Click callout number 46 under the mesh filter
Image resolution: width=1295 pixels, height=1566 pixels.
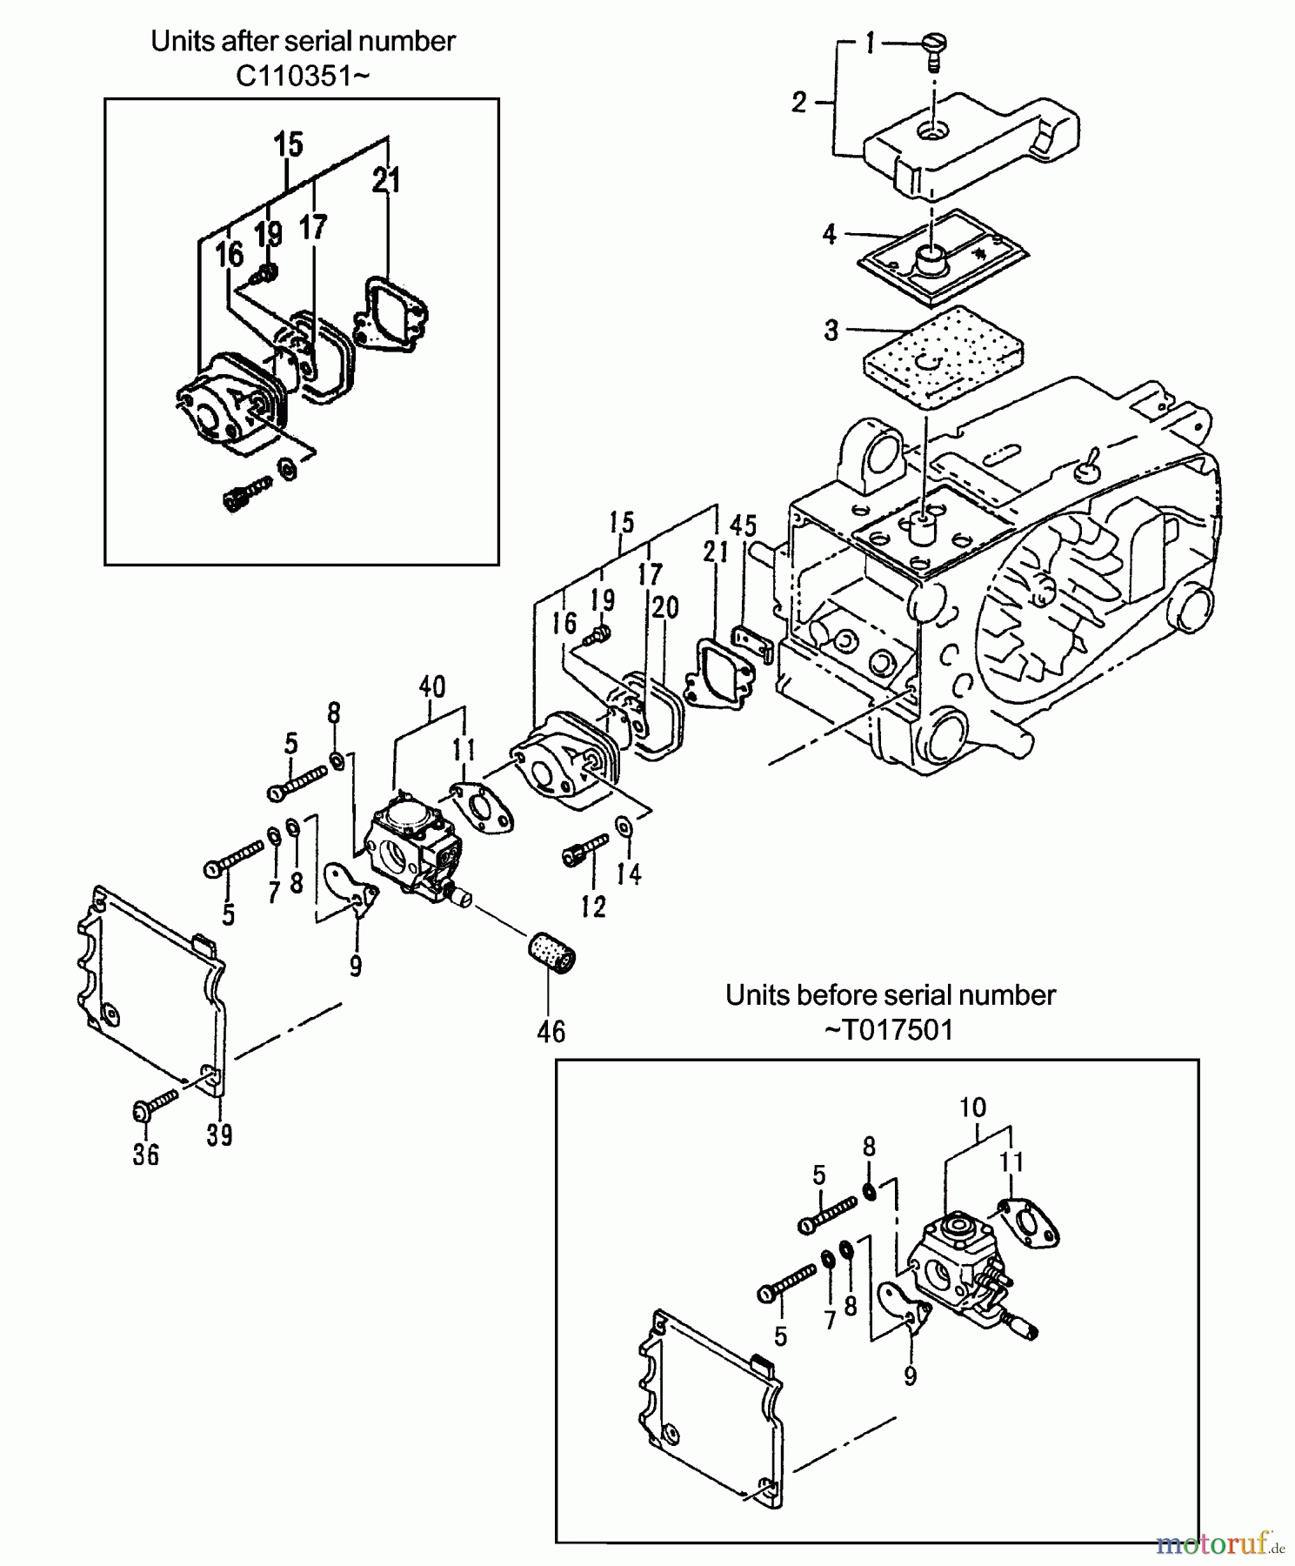click(x=551, y=1032)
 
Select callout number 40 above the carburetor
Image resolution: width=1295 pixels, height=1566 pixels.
click(x=431, y=687)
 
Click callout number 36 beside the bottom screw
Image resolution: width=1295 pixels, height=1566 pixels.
click(x=146, y=1154)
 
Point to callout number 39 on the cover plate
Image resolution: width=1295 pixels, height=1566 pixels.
click(x=219, y=1134)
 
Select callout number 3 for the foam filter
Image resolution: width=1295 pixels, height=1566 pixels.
click(x=831, y=331)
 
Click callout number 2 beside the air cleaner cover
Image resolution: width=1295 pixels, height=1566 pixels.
click(x=799, y=103)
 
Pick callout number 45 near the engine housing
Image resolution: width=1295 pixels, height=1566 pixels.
click(x=743, y=526)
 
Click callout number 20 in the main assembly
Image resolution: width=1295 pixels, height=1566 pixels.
click(x=665, y=607)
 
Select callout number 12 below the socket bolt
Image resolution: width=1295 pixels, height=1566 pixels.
click(x=593, y=907)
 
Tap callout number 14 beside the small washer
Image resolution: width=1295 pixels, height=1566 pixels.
click(x=629, y=873)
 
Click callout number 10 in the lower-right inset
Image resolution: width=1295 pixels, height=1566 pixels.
click(x=972, y=1108)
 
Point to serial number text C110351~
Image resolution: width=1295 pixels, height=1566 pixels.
click(x=303, y=77)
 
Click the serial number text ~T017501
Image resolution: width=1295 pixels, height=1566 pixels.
click(x=888, y=1030)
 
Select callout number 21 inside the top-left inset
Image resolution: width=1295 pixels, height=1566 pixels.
click(x=386, y=181)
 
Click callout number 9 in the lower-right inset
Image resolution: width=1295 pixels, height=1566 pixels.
click(x=910, y=1376)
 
